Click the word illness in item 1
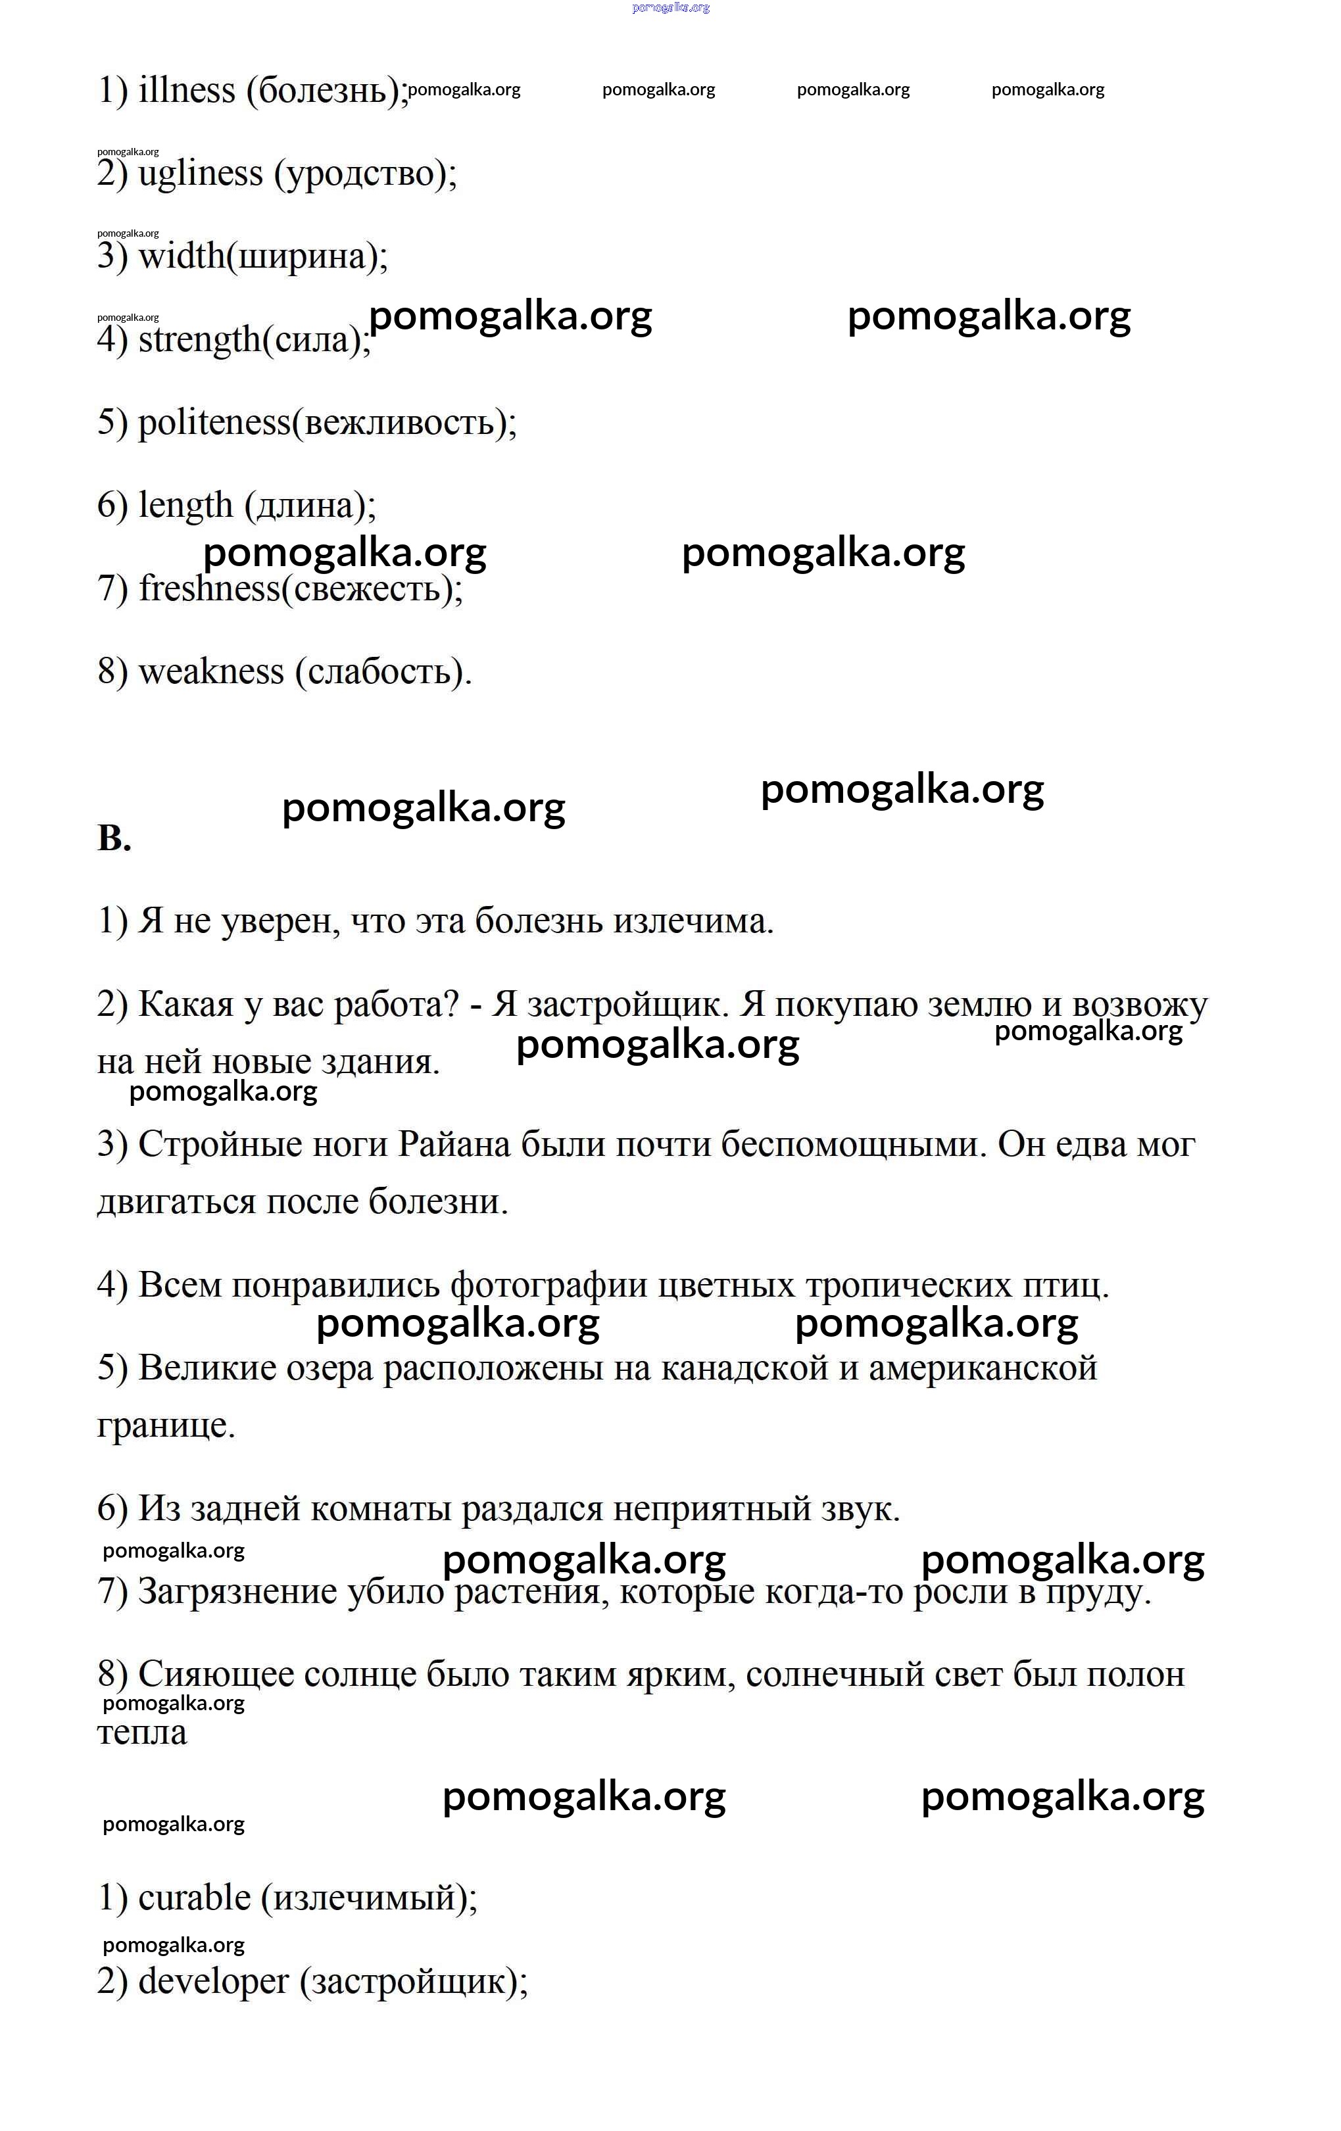coord(187,90)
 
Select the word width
coord(182,256)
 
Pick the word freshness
coord(209,588)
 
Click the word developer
coord(213,1980)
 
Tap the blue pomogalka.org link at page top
coord(670,8)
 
